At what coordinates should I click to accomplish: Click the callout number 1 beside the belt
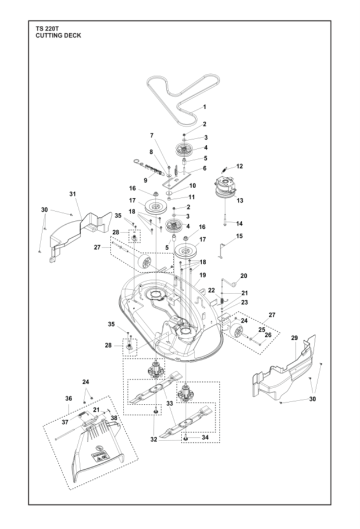coord(205,107)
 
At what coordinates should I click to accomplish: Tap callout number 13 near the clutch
coord(240,201)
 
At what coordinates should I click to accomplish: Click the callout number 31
coord(73,194)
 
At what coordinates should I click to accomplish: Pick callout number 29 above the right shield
coord(295,337)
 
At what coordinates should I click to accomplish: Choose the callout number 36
coord(69,398)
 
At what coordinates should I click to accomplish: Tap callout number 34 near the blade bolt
coord(205,437)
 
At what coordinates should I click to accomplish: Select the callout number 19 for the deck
coord(202,275)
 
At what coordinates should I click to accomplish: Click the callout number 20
coord(243,275)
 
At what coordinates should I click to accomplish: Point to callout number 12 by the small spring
coord(239,166)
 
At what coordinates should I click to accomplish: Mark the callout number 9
coord(145,180)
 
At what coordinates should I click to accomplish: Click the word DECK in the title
coord(73,35)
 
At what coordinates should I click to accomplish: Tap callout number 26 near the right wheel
coord(268,335)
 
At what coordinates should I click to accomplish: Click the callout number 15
coord(239,236)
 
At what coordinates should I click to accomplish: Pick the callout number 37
coord(65,422)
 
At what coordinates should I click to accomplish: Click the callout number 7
coord(152,136)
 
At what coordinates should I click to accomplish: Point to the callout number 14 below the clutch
coord(239,223)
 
